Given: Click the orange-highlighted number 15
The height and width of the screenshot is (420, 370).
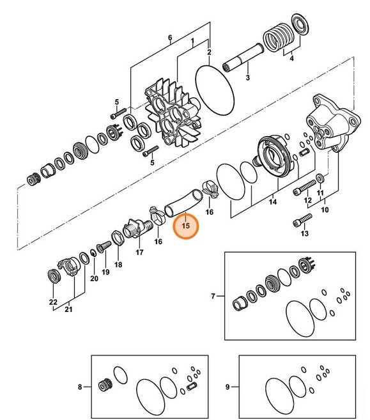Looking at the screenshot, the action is [x=185, y=226].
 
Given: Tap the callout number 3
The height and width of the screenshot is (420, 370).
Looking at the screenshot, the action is [x=248, y=78].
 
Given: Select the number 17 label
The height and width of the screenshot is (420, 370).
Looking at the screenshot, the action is [x=139, y=252].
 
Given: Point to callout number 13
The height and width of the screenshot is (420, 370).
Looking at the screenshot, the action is [x=304, y=233].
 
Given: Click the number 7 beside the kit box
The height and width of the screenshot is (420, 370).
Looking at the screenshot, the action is [x=213, y=296].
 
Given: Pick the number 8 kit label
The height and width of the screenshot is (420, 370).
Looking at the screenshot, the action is [x=80, y=387].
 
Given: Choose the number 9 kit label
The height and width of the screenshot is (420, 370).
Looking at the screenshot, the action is [x=227, y=387].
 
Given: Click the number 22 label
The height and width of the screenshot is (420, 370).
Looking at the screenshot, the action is [x=53, y=302].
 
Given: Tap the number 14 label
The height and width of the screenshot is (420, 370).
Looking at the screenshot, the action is [x=273, y=201].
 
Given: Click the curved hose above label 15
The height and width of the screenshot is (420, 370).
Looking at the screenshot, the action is [x=183, y=203].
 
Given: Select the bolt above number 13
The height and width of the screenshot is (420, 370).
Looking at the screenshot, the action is [x=303, y=220].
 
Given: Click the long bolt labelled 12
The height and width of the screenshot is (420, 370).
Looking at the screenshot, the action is [x=305, y=188].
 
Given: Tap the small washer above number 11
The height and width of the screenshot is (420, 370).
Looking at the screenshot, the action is [x=320, y=178].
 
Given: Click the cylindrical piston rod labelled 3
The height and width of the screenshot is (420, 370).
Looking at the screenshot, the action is [x=243, y=58].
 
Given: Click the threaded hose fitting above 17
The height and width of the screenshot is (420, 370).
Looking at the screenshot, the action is [x=137, y=228].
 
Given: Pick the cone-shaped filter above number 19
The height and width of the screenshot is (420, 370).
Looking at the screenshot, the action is [x=104, y=247].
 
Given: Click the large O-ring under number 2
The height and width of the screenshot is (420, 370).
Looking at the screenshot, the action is [x=215, y=90].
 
